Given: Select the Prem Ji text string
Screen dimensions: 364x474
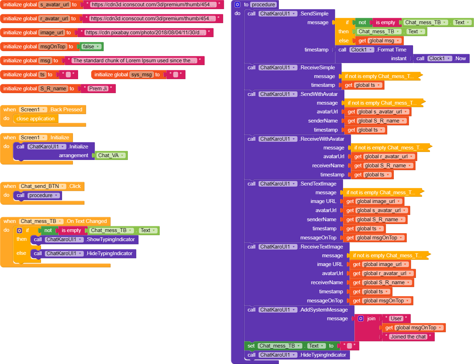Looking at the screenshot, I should [98, 89].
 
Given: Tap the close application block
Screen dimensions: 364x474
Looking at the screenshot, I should [35, 119].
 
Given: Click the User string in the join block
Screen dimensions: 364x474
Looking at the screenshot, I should [396, 318].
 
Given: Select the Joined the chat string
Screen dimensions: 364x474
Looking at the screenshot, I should [408, 337].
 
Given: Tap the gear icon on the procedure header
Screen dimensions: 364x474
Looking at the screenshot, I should [237, 5].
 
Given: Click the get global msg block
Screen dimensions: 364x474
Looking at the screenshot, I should [379, 41].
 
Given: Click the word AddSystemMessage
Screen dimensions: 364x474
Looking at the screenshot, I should [324, 310].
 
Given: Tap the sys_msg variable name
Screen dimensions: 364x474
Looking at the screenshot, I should [142, 75].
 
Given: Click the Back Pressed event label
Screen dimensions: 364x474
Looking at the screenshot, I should [66, 110].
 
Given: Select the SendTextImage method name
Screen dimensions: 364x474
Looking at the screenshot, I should [318, 184].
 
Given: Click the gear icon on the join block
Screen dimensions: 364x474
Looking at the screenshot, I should [361, 318].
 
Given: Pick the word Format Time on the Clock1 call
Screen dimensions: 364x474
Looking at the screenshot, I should [392, 50].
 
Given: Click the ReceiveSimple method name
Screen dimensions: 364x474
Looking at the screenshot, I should [317, 68].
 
